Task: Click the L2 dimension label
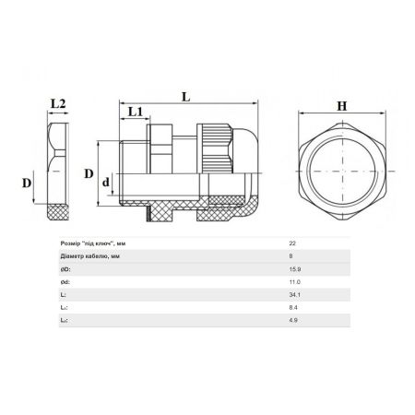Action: tap(58, 103)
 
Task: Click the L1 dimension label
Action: tap(136, 112)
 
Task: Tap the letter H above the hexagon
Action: tap(342, 106)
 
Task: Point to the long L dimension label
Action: tap(186, 97)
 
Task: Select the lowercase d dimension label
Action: tap(106, 182)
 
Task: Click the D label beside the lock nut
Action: tap(27, 183)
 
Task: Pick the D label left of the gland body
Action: tap(89, 173)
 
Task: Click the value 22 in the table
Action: tap(292, 243)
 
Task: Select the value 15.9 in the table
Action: tap(295, 269)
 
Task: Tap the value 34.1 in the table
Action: tap(294, 295)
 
